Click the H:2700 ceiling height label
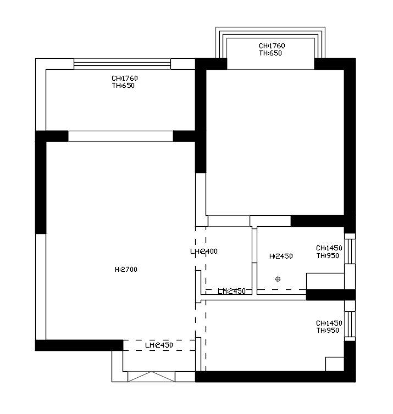(x=126, y=270)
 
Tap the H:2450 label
(x=281, y=256)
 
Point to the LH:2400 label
(x=204, y=251)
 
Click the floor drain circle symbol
(x=278, y=279)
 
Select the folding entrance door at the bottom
(x=151, y=377)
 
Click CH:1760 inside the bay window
(x=272, y=46)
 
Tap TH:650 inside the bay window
(x=270, y=53)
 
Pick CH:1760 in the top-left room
(x=124, y=79)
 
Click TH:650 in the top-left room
(x=123, y=86)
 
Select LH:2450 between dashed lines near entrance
(x=159, y=345)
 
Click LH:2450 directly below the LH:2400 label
(x=231, y=291)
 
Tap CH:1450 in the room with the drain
(x=329, y=248)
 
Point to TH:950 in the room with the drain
(x=328, y=255)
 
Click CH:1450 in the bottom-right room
(x=329, y=323)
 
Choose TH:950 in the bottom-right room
(x=328, y=331)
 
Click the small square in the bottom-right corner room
(x=335, y=364)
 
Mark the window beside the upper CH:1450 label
(x=350, y=251)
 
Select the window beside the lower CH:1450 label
(x=350, y=325)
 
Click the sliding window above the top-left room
(x=122, y=64)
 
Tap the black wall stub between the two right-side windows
(x=331, y=295)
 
